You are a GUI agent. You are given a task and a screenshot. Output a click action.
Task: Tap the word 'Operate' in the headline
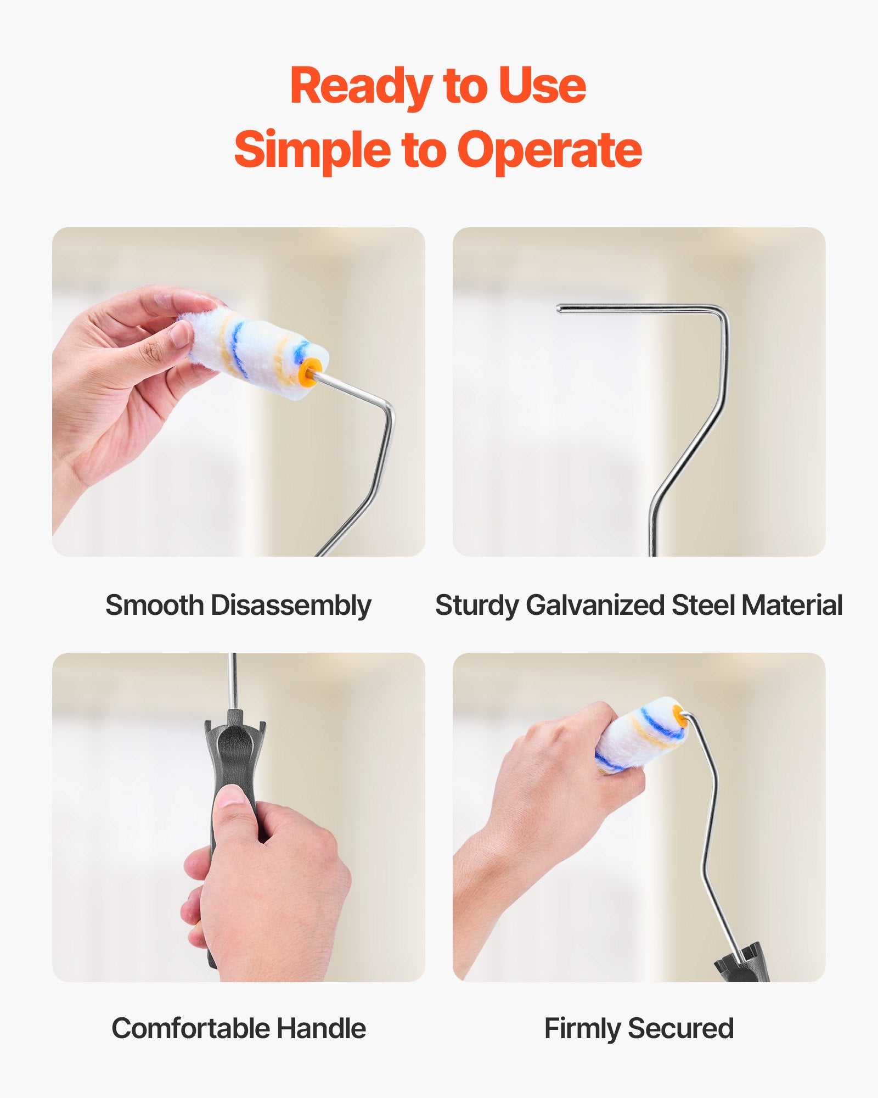(550, 149)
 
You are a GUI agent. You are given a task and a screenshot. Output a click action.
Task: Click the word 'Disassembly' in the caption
(291, 606)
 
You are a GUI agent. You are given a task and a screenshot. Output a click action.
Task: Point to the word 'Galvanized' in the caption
(595, 606)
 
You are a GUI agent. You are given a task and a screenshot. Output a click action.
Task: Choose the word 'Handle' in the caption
(320, 1028)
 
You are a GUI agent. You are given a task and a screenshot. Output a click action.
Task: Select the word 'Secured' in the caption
(680, 1028)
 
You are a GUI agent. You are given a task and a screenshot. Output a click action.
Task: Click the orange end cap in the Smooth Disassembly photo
(311, 372)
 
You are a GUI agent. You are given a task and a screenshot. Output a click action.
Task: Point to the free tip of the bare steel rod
(559, 309)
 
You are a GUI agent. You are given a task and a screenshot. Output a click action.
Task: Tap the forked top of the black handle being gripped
(235, 730)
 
